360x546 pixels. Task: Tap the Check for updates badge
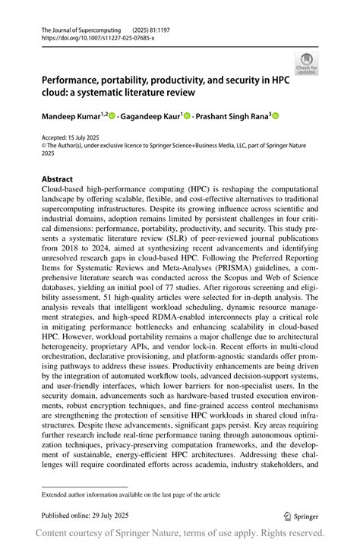pyautogui.click(x=306, y=64)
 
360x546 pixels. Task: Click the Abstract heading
pyautogui.click(x=57, y=180)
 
